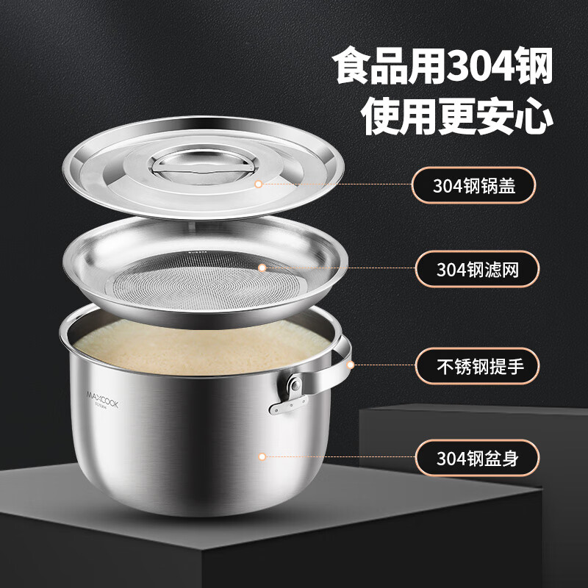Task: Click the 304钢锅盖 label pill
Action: pos(473,185)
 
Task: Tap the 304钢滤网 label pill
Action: pos(477,269)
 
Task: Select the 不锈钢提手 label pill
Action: pos(477,365)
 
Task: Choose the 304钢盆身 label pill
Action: pos(477,458)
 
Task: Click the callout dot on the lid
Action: pos(258,184)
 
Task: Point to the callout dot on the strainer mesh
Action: pos(262,268)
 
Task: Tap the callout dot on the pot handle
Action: pos(351,365)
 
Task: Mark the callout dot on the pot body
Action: pos(262,456)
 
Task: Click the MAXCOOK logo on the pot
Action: pos(102,400)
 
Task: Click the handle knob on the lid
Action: pos(203,166)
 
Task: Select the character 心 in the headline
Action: pos(535,116)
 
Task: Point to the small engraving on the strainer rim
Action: pos(197,252)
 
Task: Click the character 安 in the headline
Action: pos(496,116)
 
